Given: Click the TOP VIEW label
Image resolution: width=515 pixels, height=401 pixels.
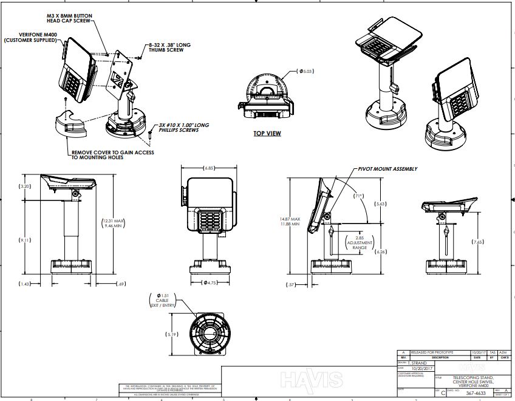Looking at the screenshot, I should [x=267, y=133].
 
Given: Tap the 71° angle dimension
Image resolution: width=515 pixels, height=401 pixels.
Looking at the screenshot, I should [x=358, y=196].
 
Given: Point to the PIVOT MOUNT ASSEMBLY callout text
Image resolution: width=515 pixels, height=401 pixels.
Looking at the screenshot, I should [x=387, y=169].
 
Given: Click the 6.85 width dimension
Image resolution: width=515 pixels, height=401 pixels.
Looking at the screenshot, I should [x=210, y=167].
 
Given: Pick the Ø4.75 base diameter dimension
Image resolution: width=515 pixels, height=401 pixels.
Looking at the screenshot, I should [x=210, y=283].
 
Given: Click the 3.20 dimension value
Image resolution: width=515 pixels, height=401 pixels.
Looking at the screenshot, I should [x=26, y=186].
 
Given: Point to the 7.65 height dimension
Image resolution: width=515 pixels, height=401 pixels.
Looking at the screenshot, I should [x=479, y=242].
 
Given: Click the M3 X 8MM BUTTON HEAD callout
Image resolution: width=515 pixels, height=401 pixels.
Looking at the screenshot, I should [x=69, y=16].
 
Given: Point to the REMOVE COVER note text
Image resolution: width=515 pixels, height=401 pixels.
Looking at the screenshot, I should [x=113, y=154].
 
